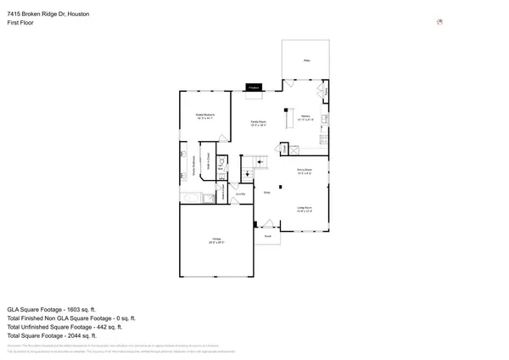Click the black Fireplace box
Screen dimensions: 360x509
pyautogui.click(x=254, y=87)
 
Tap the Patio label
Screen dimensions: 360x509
pyautogui.click(x=305, y=59)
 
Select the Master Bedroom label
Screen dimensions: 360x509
pyautogui.click(x=204, y=115)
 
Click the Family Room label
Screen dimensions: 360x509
pyautogui.click(x=255, y=123)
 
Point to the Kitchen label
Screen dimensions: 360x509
pyautogui.click(x=305, y=115)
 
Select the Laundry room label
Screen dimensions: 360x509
pyautogui.click(x=240, y=194)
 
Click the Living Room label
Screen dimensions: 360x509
pyautogui.click(x=305, y=207)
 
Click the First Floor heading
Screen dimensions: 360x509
pyautogui.click(x=21, y=25)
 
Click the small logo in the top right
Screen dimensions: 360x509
pyautogui.click(x=439, y=22)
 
